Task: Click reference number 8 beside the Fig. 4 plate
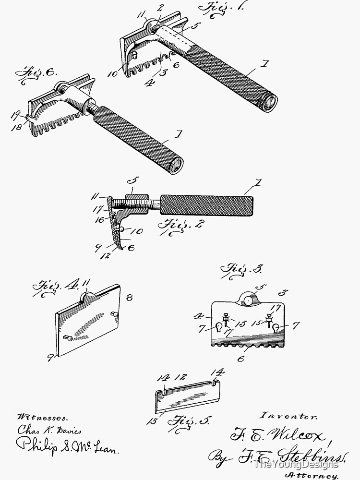(x=129, y=297)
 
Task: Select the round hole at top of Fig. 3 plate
(x=248, y=301)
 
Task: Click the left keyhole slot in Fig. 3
(x=220, y=327)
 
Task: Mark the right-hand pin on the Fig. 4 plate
(x=116, y=314)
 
